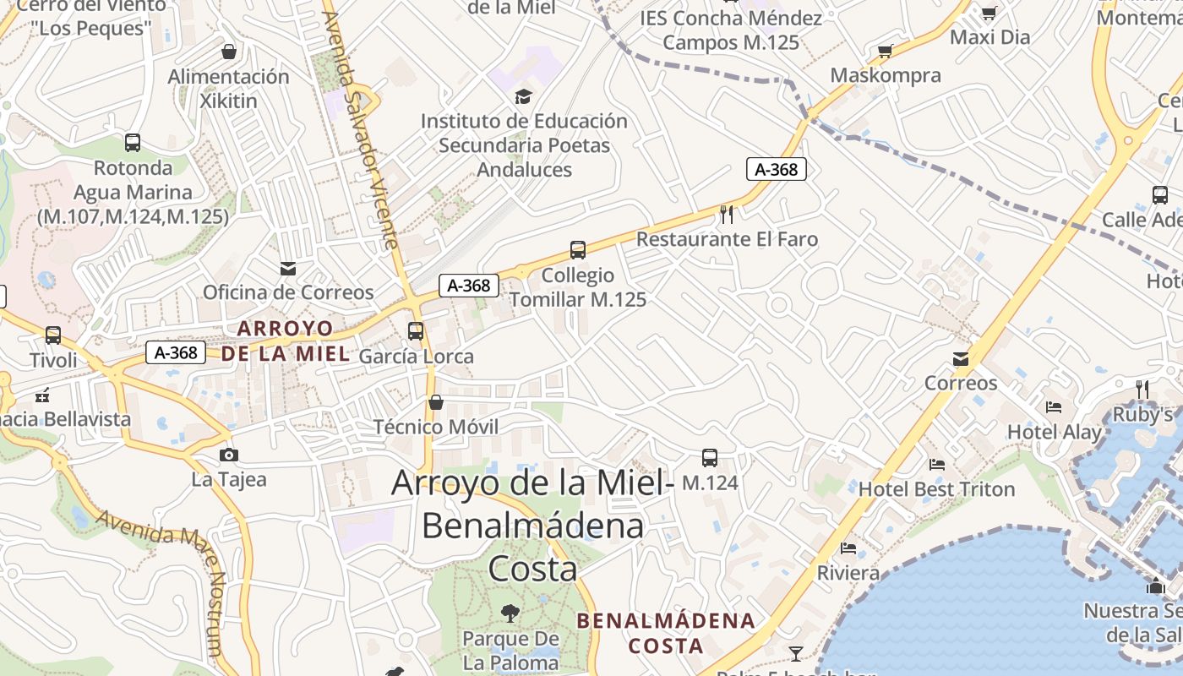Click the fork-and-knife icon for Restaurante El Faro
pos(727,215)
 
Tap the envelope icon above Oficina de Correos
pos(288,269)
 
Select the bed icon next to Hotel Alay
pos(1054,407)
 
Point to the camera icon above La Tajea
pos(228,455)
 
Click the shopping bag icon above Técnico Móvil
pos(436,402)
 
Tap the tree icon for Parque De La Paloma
pos(510,613)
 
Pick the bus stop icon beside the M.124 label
pos(710,458)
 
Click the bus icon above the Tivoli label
pos(53,335)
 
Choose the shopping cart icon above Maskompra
pos(886,52)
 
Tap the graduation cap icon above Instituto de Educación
pos(524,96)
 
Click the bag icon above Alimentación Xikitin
pos(228,52)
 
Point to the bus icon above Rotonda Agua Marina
pos(133,143)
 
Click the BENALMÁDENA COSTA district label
pos(666,633)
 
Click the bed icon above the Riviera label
pos(848,548)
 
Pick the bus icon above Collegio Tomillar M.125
pos(578,250)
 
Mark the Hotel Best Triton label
pos(936,489)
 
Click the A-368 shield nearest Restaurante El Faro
pos(777,169)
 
